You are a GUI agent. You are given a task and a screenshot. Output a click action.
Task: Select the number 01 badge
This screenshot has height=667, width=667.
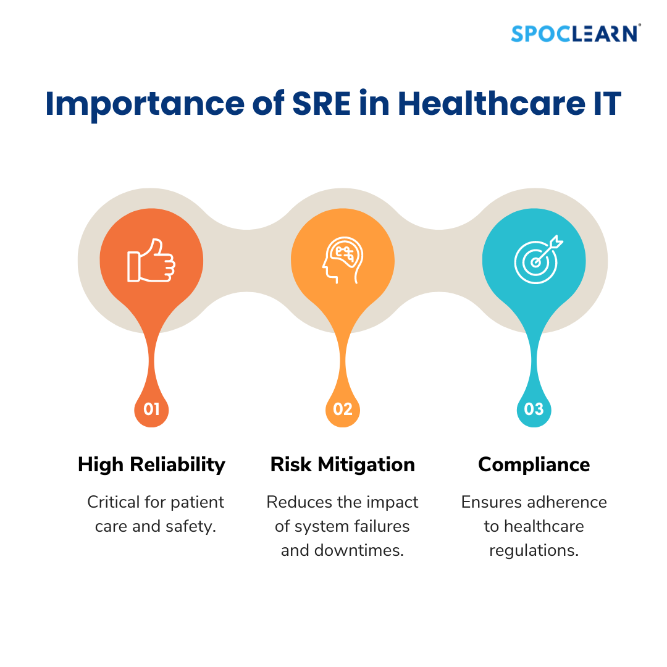tap(151, 409)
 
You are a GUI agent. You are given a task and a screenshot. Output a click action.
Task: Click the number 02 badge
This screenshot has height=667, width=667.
tap(343, 409)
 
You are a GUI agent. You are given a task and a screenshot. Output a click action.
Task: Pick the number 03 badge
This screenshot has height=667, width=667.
tap(534, 409)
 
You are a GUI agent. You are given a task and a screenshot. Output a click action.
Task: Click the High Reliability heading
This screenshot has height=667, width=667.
tap(151, 464)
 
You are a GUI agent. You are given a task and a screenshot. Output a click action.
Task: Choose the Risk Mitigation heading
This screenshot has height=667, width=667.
tap(343, 464)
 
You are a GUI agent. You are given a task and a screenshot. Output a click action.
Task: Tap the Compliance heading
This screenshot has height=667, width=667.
tap(534, 464)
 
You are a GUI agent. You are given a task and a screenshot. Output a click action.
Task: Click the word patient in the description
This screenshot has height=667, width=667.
tap(197, 502)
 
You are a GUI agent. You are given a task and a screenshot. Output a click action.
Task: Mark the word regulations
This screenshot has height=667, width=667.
tap(534, 550)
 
